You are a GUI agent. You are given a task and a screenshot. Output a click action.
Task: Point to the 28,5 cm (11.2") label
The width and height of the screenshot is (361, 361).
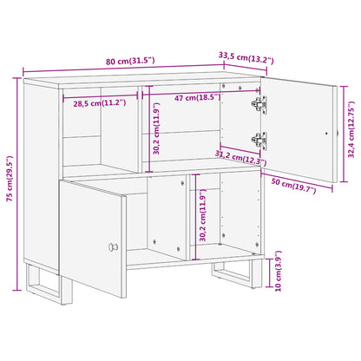[x=99, y=102]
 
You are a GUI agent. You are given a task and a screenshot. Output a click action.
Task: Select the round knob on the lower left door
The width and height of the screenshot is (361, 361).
[x=112, y=248]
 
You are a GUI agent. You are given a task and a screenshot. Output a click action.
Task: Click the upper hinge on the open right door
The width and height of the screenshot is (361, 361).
[x=258, y=104]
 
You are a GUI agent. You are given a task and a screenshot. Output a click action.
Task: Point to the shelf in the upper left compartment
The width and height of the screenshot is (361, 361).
[x=82, y=136]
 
